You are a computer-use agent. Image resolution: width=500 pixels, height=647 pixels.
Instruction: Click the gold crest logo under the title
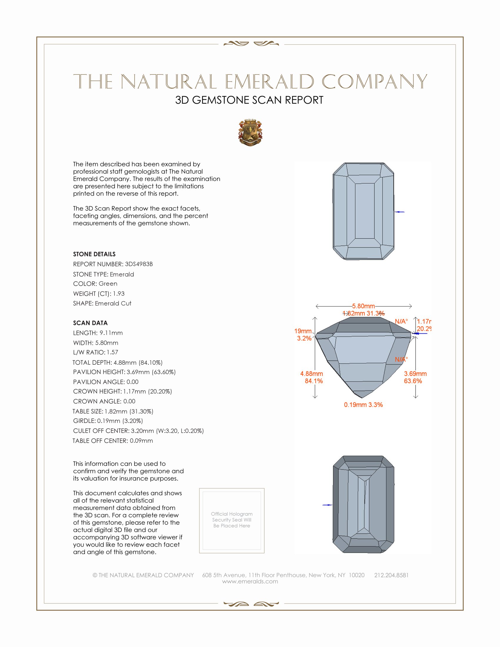(x=250, y=133)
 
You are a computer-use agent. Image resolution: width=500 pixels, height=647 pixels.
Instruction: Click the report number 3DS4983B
(x=139, y=264)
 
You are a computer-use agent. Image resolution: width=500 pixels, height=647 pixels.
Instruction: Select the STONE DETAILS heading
(x=94, y=254)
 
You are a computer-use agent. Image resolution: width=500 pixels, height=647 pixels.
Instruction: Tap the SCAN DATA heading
(x=90, y=323)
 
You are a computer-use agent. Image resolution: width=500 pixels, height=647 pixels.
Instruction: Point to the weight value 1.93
(x=119, y=294)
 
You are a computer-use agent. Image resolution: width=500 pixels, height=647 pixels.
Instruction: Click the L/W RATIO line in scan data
(x=95, y=352)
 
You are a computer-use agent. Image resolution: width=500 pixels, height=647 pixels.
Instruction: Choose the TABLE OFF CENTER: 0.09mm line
(x=113, y=441)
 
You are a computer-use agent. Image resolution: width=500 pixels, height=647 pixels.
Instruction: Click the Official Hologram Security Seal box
(x=232, y=521)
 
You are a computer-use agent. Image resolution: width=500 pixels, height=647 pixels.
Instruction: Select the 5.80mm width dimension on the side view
(x=363, y=306)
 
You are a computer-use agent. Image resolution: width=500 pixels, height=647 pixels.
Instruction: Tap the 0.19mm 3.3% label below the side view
(x=363, y=405)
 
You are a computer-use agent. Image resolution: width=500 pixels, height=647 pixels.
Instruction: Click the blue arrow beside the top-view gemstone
(x=400, y=212)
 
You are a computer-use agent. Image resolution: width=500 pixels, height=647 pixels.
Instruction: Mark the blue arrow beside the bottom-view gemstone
(x=327, y=505)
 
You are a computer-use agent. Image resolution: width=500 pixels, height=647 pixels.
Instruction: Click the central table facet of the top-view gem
(x=364, y=211)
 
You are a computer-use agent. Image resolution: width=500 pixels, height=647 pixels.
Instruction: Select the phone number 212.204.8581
(x=391, y=575)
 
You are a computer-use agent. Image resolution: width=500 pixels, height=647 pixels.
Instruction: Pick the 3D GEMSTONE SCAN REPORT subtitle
(x=249, y=100)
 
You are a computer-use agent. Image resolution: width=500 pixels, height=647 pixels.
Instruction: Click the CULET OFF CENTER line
(x=138, y=431)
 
